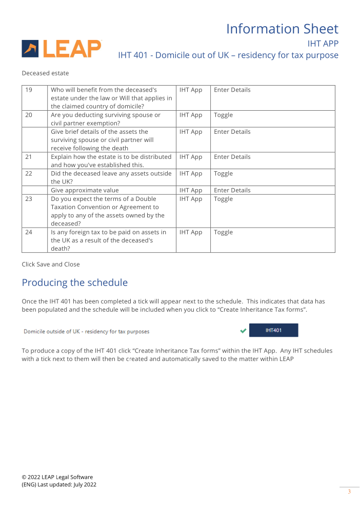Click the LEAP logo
click(x=62, y=49)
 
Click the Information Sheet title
click(x=282, y=29)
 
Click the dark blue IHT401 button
click(x=273, y=331)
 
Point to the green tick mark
click(x=243, y=331)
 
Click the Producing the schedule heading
click(x=74, y=283)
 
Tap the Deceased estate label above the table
click(x=45, y=73)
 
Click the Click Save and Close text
click(x=51, y=264)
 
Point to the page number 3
click(x=349, y=492)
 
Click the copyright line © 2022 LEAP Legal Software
click(x=57, y=477)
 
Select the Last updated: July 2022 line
click(x=59, y=485)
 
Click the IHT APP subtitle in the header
click(x=323, y=44)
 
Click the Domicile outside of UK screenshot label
click(x=87, y=332)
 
